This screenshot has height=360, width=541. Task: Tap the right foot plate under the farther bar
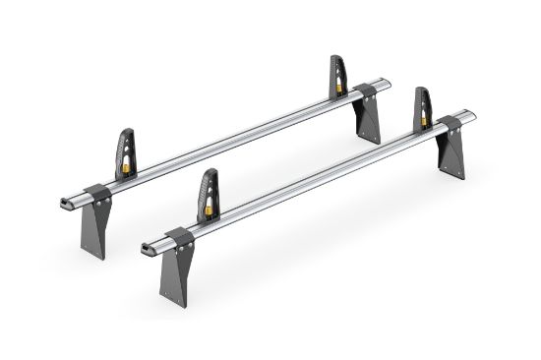tap(370, 123)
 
